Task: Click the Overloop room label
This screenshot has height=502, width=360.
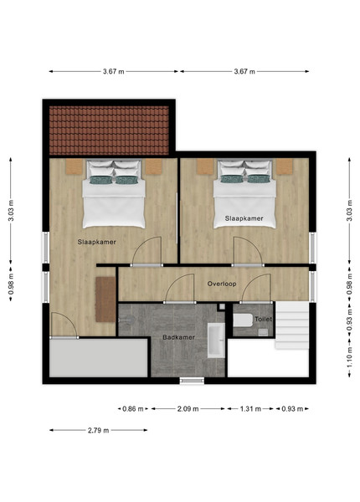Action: point(222,284)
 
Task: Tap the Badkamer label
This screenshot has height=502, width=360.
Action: point(178,337)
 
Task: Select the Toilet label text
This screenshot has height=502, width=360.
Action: point(263,319)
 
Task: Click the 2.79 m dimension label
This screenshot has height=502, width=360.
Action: point(98,430)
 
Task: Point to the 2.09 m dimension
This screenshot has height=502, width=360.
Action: point(188,409)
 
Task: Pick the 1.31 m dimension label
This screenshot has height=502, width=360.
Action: point(250,409)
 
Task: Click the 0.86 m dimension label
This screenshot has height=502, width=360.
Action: point(133,409)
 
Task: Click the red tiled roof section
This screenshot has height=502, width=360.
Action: point(109,131)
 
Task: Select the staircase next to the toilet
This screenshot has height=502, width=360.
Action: point(292,325)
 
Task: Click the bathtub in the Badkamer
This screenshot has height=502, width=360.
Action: point(216,341)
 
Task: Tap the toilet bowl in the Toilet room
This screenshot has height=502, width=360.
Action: point(243,320)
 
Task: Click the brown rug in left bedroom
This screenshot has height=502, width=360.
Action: point(105,300)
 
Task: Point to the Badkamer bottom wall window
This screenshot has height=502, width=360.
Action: point(192,381)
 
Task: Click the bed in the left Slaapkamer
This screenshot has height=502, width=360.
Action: point(114,194)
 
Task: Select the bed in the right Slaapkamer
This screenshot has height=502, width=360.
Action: point(244,194)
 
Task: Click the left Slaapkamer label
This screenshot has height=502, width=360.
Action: point(97,242)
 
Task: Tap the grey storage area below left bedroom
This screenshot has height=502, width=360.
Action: point(98,358)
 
